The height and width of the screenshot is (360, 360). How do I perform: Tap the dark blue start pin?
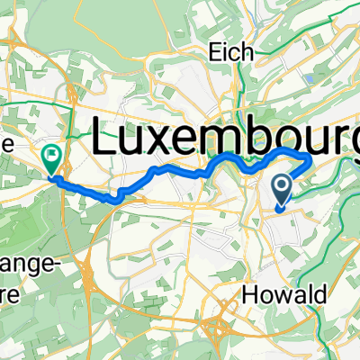tap(282, 190)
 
